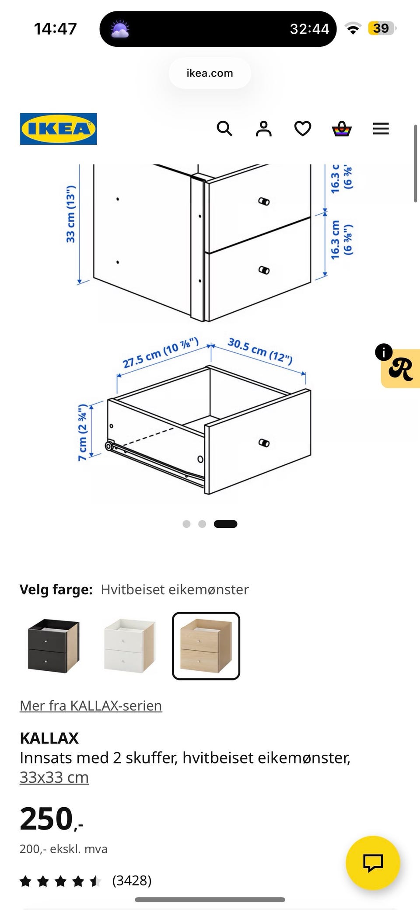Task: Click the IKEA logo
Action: (x=58, y=129)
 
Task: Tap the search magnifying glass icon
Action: (x=224, y=129)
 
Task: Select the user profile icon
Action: (x=263, y=129)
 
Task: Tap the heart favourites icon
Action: (x=302, y=129)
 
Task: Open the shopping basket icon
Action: (x=342, y=129)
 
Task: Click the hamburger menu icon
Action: (x=381, y=129)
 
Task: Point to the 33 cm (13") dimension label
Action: (x=70, y=214)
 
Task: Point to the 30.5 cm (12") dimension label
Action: (x=260, y=351)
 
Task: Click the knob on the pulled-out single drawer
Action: (x=264, y=443)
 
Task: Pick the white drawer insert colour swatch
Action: (x=129, y=645)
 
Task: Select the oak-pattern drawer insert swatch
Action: (x=206, y=646)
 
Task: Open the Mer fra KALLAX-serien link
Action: (x=91, y=705)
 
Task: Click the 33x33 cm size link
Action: (x=54, y=777)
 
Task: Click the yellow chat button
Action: (x=373, y=863)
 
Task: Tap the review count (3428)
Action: (x=132, y=880)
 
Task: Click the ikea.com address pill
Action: (x=210, y=73)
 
